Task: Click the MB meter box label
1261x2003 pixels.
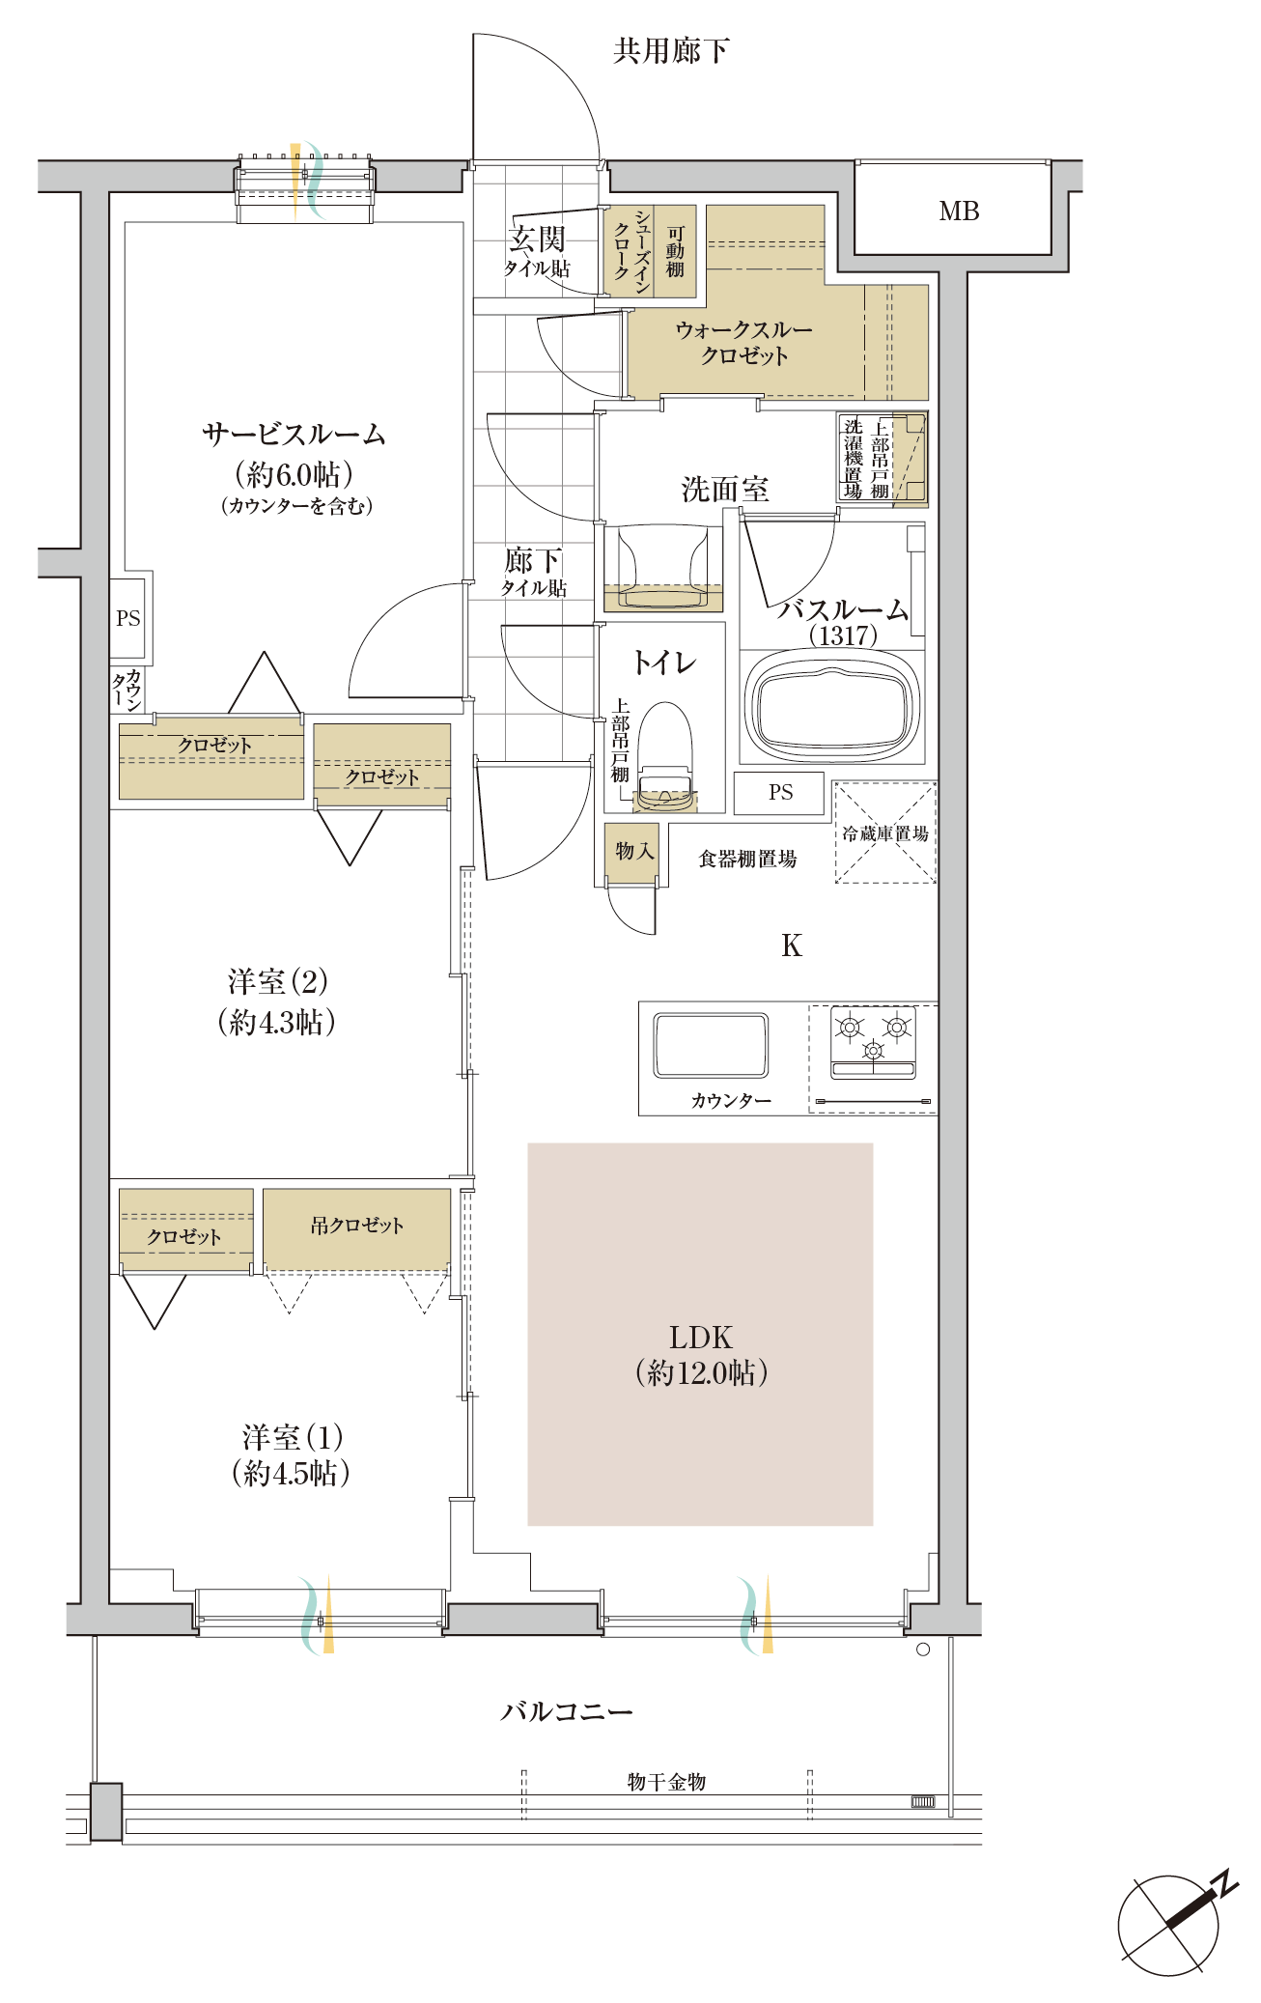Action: [959, 211]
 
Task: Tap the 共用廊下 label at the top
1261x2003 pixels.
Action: [671, 50]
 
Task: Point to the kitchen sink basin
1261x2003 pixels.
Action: [712, 1045]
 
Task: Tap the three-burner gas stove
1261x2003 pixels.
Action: [873, 1042]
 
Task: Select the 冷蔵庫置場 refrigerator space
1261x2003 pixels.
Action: [885, 832]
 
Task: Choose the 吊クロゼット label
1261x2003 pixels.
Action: [357, 1226]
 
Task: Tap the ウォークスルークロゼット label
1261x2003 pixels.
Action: [744, 343]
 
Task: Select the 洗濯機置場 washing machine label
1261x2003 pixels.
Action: [853, 458]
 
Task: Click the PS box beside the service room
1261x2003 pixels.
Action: [128, 618]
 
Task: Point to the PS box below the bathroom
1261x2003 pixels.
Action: [780, 793]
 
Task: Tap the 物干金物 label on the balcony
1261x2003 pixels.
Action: [667, 1781]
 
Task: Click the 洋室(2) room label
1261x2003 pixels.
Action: [278, 981]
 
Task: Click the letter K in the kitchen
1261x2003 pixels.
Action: [792, 945]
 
